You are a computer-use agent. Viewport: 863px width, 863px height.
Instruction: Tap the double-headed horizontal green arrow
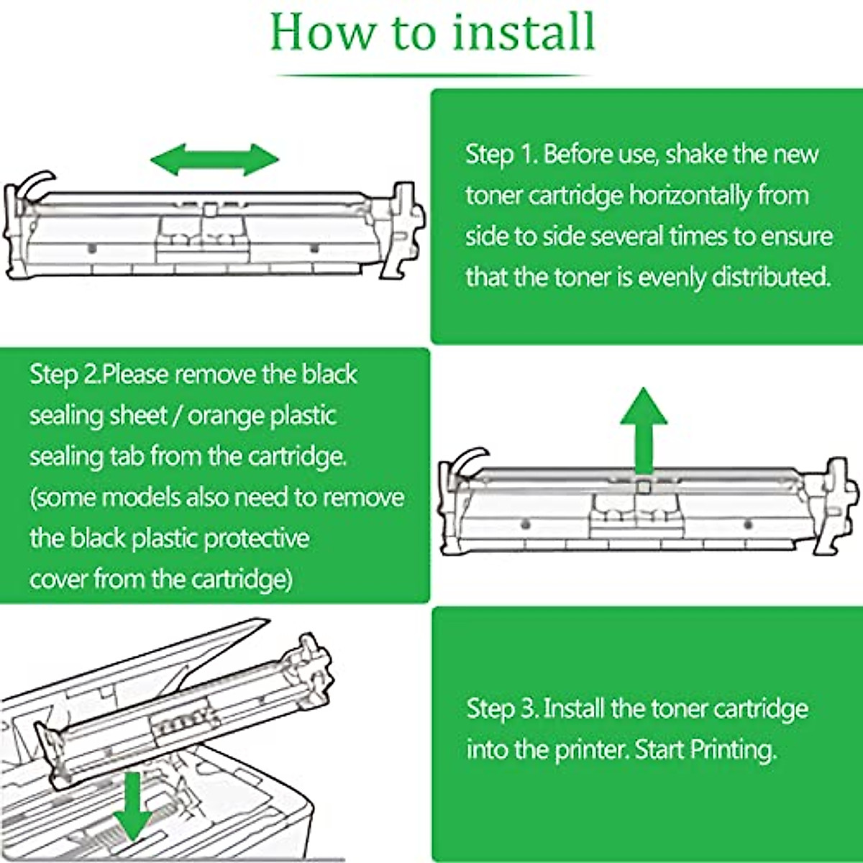(x=214, y=159)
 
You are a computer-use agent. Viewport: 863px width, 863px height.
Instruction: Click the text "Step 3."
(x=502, y=708)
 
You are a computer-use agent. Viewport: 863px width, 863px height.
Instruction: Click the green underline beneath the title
(x=431, y=75)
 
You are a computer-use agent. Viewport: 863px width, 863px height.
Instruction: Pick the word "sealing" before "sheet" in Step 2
(x=64, y=416)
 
